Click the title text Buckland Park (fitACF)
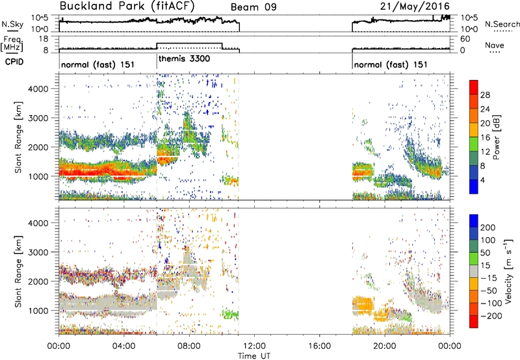click(127, 6)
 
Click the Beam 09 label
click(253, 7)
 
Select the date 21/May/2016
click(415, 6)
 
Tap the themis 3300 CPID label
click(184, 59)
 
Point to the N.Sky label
click(12, 24)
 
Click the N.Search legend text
click(502, 24)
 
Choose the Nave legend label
click(495, 45)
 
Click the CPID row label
click(14, 62)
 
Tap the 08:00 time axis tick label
click(189, 346)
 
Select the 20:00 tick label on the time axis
click(385, 346)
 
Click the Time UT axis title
click(254, 355)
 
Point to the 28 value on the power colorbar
click(485, 95)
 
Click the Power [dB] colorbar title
click(496, 137)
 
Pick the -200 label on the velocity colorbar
click(488, 316)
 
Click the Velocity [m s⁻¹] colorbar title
click(508, 271)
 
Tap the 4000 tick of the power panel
click(38, 89)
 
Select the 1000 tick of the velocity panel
click(38, 311)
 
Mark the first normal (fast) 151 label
click(98, 64)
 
